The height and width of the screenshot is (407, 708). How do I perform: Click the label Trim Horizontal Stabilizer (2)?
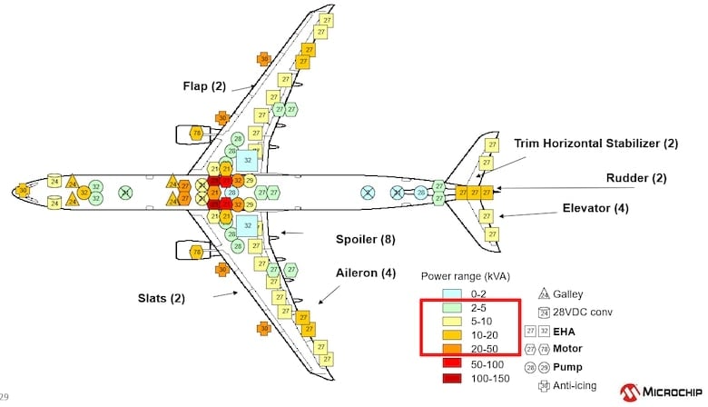click(x=595, y=144)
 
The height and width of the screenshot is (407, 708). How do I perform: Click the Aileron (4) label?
click(x=365, y=273)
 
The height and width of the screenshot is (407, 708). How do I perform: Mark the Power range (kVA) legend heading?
click(x=463, y=276)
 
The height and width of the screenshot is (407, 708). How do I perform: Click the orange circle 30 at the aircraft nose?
click(x=24, y=191)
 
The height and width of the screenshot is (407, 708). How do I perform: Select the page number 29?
click(x=6, y=397)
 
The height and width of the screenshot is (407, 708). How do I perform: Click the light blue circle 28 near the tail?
click(x=421, y=193)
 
